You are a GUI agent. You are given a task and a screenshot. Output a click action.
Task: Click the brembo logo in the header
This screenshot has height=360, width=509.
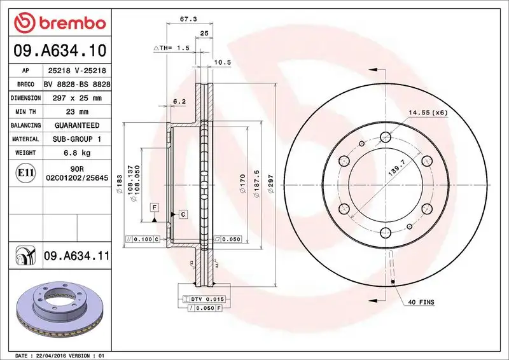tap(59, 22)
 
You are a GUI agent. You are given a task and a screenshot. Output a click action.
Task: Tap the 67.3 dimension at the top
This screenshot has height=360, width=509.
tap(187, 20)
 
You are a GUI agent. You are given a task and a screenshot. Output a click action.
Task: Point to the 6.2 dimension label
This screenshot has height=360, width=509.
tap(179, 101)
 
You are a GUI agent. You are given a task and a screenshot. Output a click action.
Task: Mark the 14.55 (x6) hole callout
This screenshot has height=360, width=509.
tap(428, 113)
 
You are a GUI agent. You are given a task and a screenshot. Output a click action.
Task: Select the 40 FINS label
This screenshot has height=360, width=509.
tap(421, 302)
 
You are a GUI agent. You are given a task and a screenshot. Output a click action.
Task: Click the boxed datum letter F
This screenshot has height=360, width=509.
tap(154, 207)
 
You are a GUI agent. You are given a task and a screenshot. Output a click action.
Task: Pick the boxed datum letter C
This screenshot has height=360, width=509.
tap(183, 214)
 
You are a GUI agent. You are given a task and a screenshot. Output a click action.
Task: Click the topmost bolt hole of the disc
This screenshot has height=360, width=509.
tap(384, 136)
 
